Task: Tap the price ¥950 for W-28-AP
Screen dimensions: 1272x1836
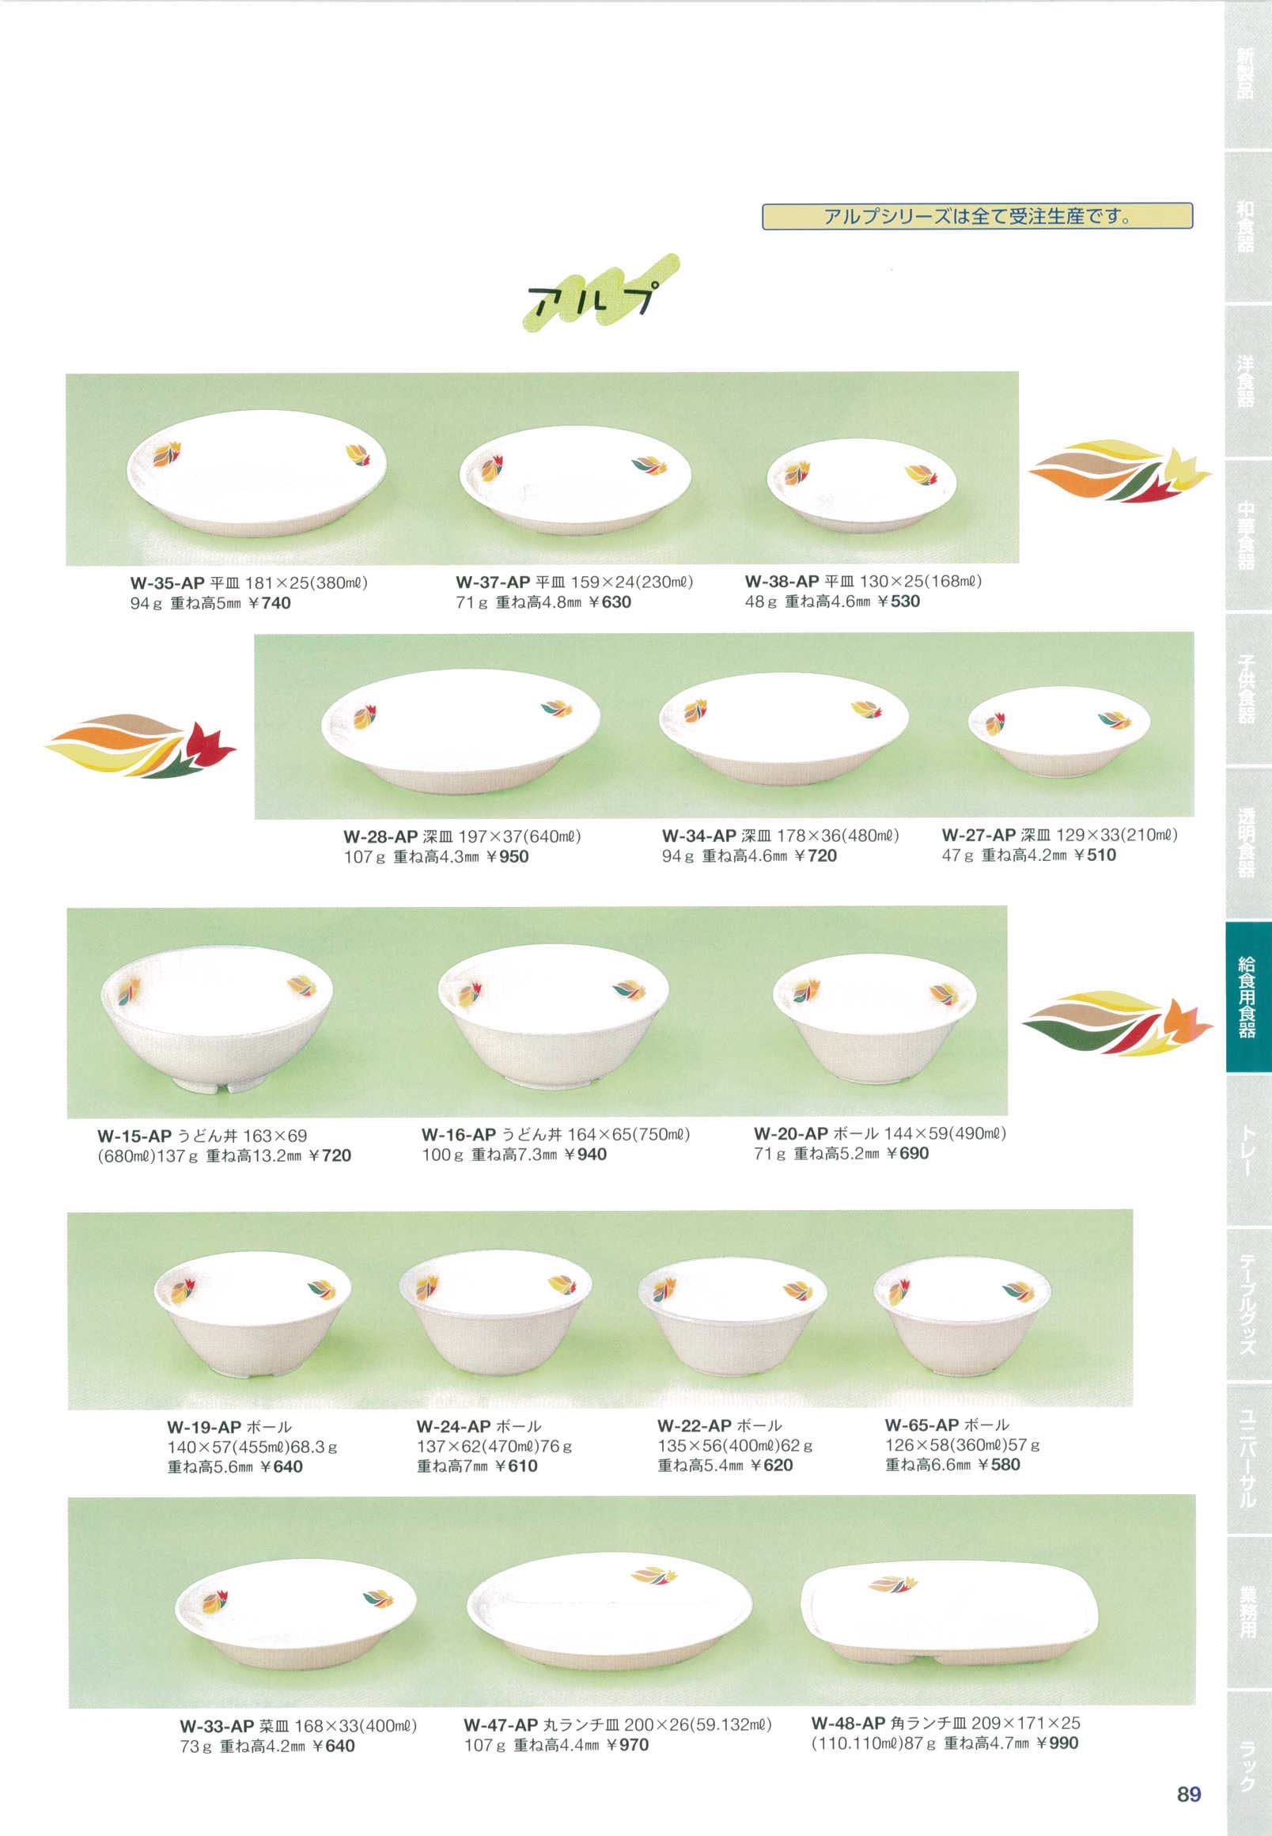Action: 505,857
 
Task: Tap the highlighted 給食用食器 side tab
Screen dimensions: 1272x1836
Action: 1247,996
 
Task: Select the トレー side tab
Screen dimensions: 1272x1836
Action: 1247,1149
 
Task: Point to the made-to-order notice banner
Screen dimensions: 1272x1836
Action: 977,216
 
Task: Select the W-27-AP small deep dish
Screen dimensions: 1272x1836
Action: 1059,731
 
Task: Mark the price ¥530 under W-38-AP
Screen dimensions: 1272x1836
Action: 898,601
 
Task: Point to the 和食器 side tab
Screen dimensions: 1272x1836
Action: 1247,227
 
